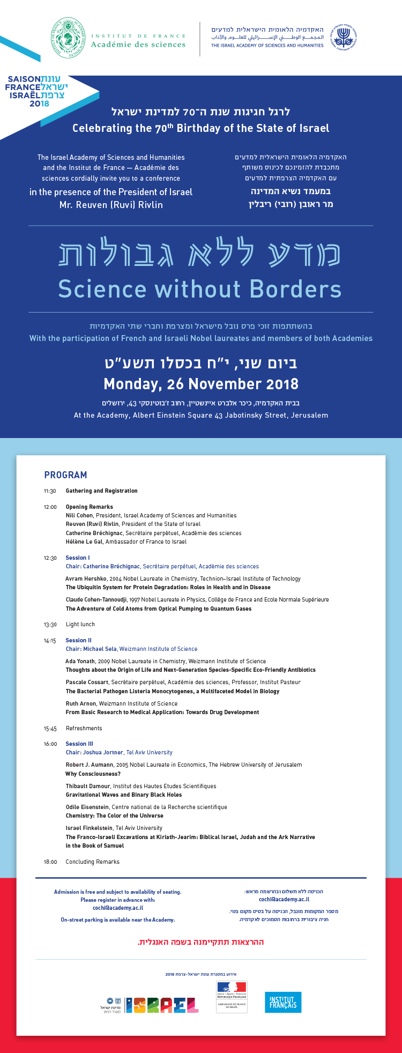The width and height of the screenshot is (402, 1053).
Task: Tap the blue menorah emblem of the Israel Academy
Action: click(x=344, y=36)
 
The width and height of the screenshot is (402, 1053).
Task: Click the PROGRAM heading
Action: click(x=65, y=475)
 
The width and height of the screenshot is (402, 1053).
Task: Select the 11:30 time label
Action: click(x=50, y=491)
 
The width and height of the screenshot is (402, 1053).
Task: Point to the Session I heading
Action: click(x=78, y=558)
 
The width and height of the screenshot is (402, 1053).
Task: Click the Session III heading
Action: click(x=79, y=744)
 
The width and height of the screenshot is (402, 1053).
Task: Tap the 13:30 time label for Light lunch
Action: click(x=50, y=625)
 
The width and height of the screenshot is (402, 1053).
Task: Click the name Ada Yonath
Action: click(x=80, y=661)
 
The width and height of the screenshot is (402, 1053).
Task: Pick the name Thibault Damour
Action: click(x=88, y=786)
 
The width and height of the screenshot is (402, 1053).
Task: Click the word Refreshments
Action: click(x=84, y=728)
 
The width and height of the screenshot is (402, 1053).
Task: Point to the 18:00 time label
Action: click(x=50, y=862)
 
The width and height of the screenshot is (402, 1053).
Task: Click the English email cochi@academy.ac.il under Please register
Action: click(x=117, y=908)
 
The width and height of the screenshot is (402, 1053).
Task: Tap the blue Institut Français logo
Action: click(x=283, y=1002)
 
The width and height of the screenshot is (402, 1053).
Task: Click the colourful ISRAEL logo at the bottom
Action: click(x=166, y=1005)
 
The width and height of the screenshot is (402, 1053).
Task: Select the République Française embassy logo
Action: click(x=232, y=996)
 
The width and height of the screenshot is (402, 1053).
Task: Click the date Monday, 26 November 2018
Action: click(x=201, y=384)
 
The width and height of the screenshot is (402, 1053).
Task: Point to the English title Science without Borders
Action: click(x=199, y=290)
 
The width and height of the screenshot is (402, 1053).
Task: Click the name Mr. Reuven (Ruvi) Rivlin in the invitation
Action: click(x=111, y=205)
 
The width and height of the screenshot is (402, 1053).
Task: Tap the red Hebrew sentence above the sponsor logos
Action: click(x=201, y=941)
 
